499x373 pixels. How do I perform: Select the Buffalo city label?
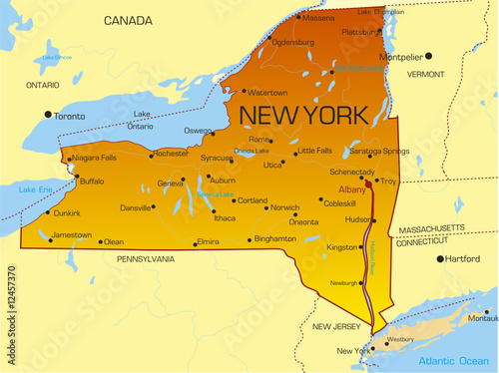click(91, 182)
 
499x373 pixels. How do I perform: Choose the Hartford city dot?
click(440, 258)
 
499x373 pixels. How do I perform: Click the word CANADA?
click(128, 20)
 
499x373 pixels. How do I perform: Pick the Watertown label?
click(266, 92)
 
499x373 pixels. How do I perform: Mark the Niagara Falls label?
click(96, 157)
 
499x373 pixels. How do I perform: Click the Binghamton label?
click(275, 239)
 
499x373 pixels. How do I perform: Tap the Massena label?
click(318, 17)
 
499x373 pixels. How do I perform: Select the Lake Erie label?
click(34, 188)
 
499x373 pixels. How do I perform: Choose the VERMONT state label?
click(426, 74)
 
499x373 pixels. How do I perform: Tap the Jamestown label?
click(72, 235)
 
